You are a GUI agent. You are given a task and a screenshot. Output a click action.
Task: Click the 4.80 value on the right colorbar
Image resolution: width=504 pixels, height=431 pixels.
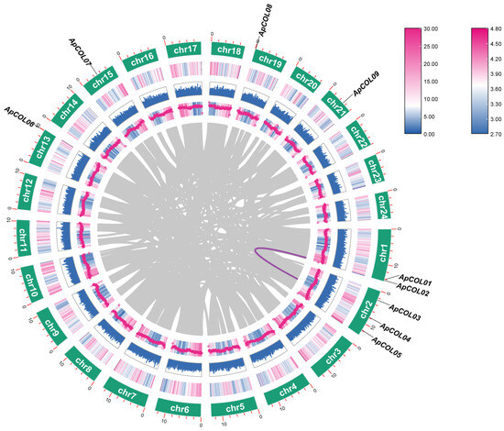pos(494,30)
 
